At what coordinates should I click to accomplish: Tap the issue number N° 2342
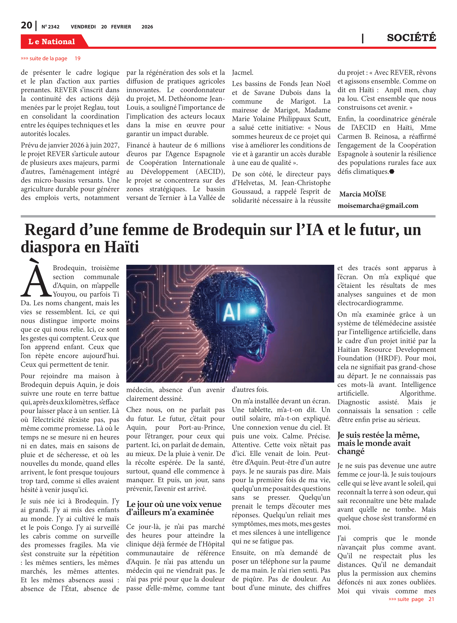(50, 27)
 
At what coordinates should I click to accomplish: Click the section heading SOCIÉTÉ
(411, 38)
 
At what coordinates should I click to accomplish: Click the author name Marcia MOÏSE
(362, 194)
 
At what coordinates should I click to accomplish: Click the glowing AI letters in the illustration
(232, 312)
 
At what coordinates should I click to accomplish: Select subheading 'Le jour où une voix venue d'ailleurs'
(174, 508)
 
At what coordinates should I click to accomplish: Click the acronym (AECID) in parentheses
(210, 172)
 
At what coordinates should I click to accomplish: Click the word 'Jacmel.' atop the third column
(243, 72)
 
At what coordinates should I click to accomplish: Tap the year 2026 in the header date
(147, 27)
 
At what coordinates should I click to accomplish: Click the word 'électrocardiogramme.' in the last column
(370, 303)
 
